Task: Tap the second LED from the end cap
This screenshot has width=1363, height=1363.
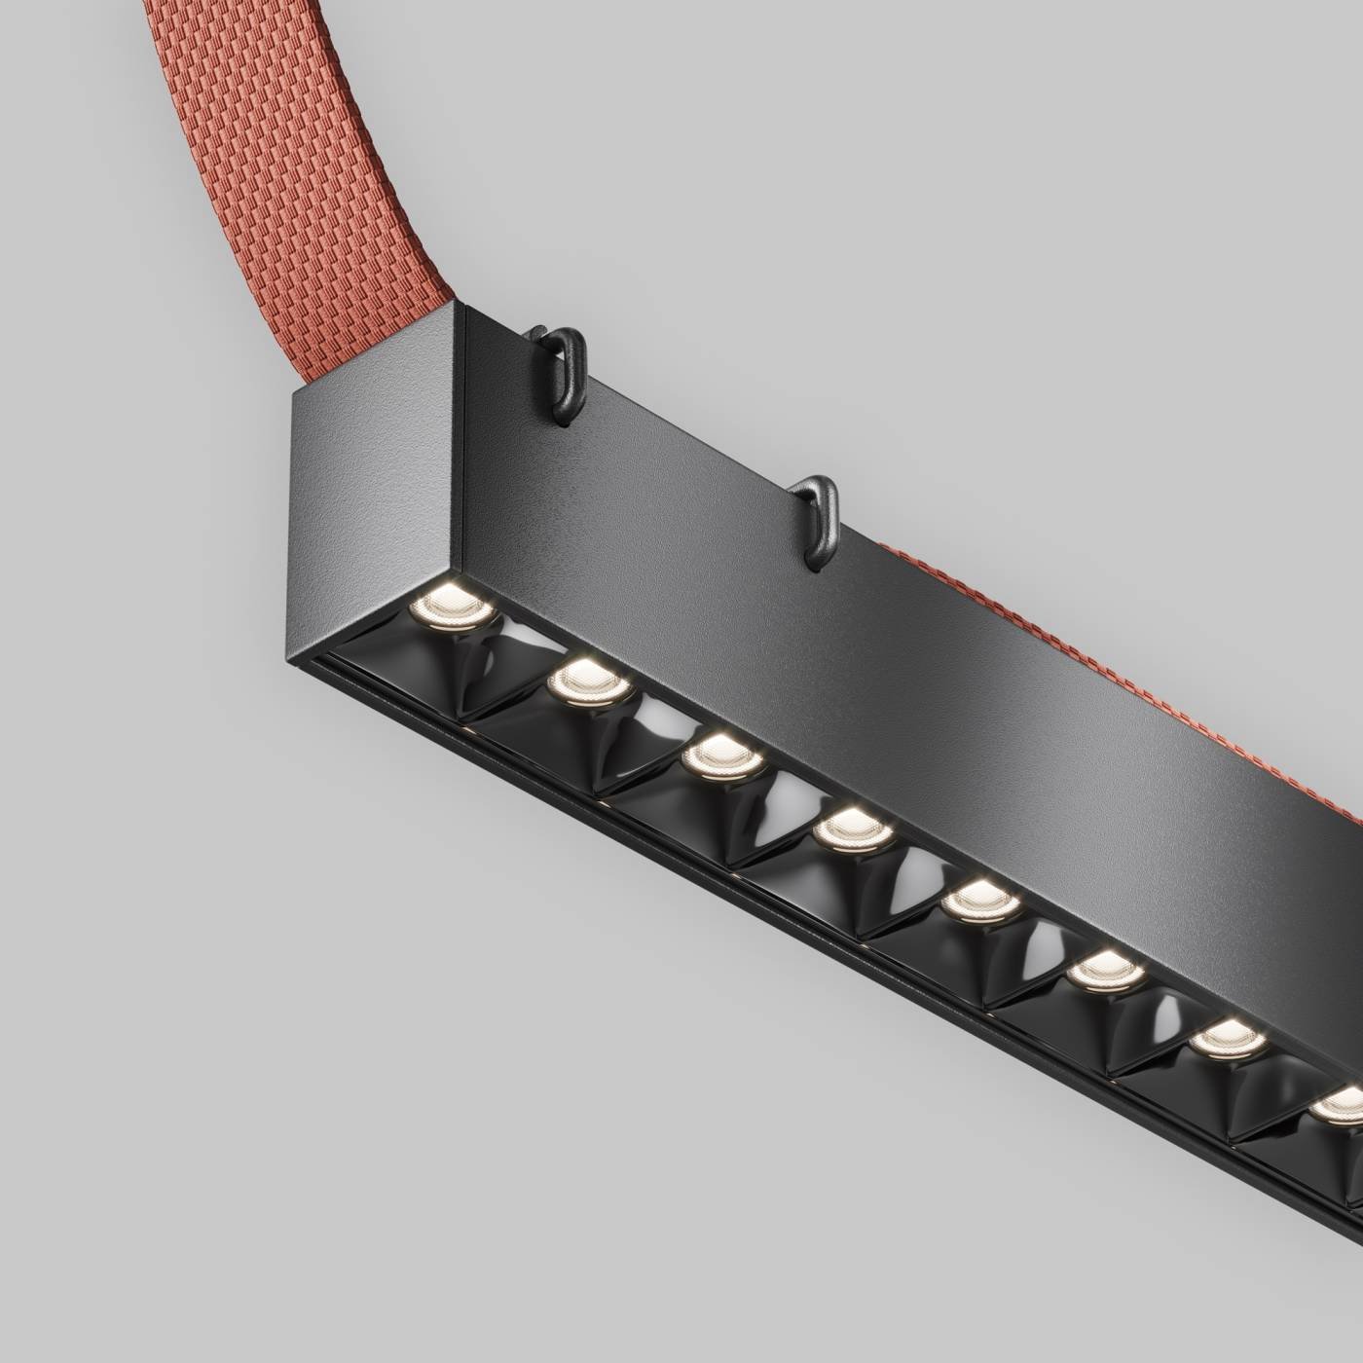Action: click(x=581, y=679)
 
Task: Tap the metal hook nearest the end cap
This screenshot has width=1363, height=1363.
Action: click(x=563, y=370)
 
